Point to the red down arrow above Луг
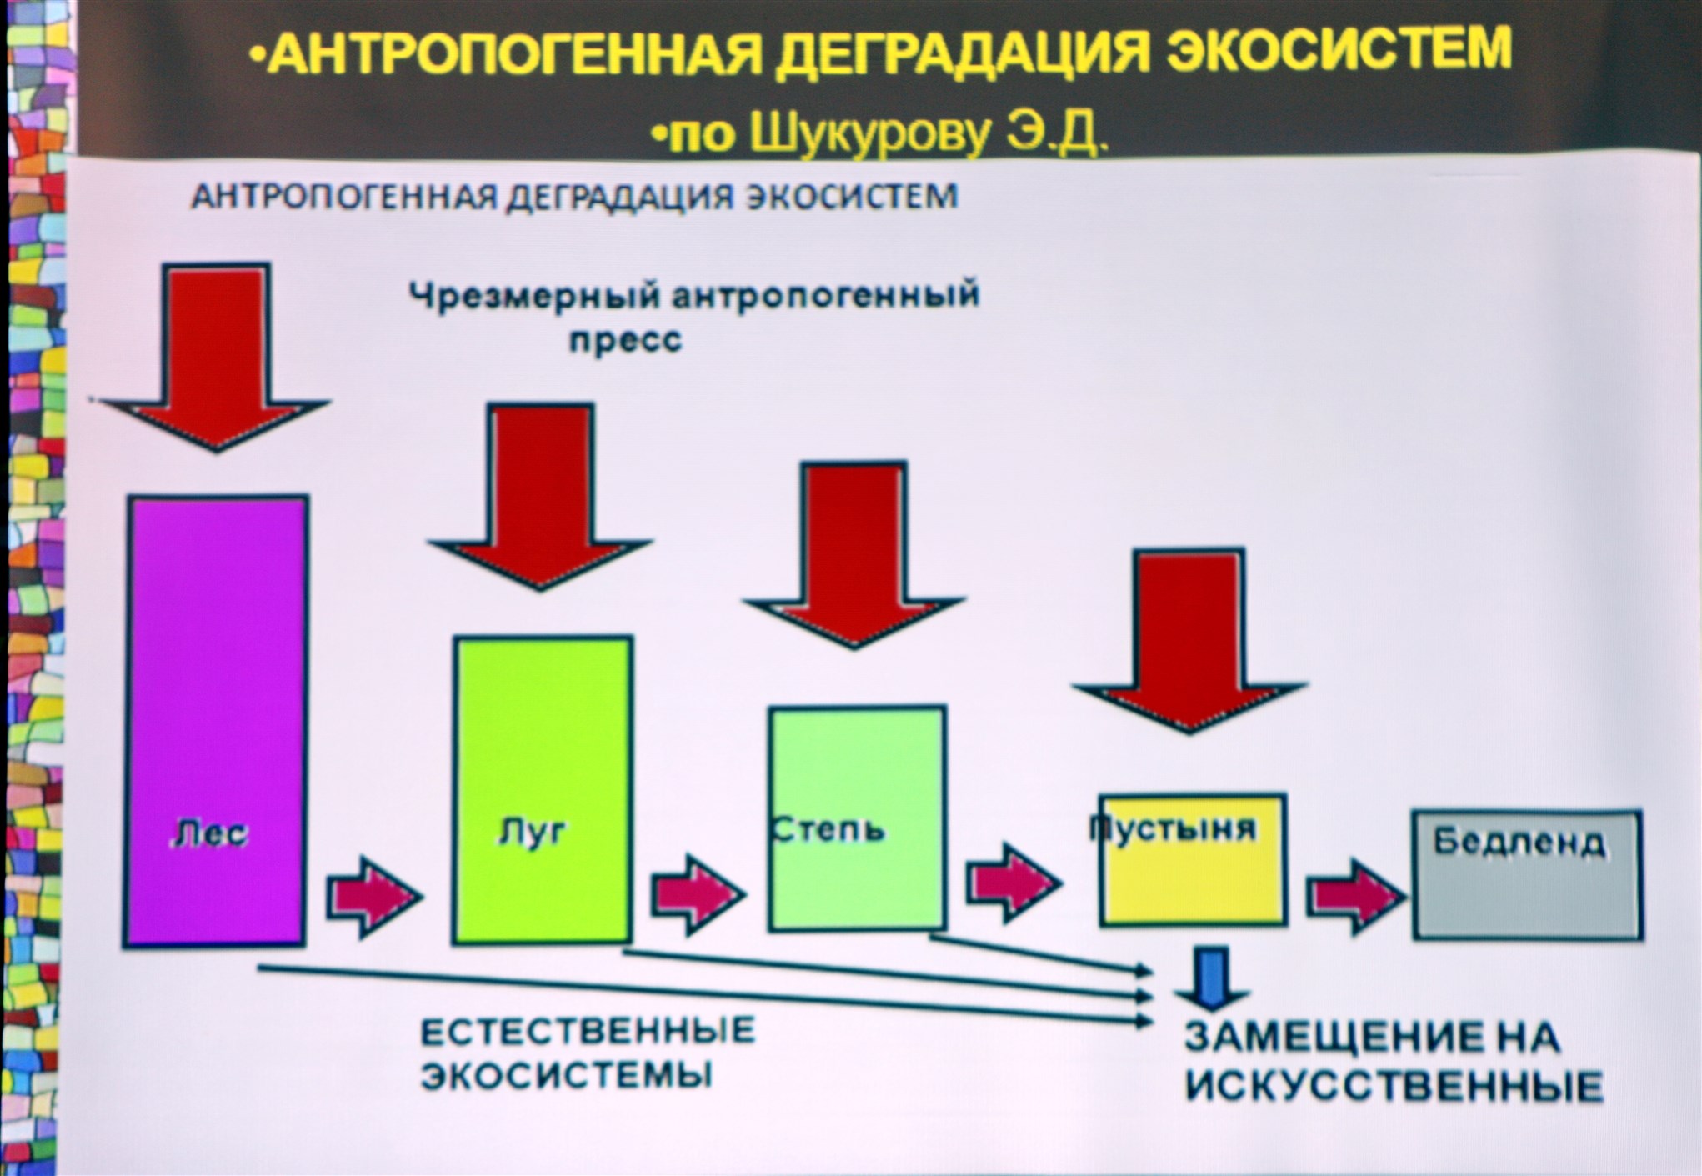click(541, 492)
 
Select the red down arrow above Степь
click(854, 550)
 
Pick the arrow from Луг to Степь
click(697, 893)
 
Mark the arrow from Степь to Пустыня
click(1012, 882)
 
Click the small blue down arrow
click(1213, 975)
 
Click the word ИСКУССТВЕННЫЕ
click(1394, 1087)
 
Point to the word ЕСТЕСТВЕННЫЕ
click(588, 1032)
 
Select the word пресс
click(625, 340)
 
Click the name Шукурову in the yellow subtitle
click(870, 134)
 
